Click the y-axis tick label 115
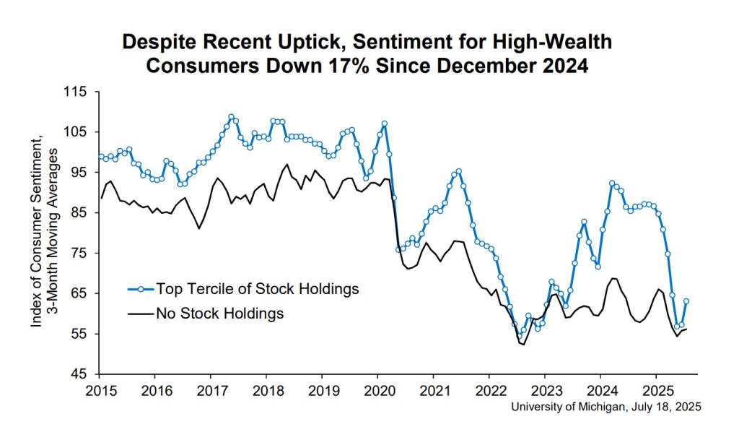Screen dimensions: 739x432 (75, 92)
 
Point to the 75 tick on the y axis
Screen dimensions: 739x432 (79, 254)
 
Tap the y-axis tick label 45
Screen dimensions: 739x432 (79, 374)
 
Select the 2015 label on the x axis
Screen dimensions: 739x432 (100, 391)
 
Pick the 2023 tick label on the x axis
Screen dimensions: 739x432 (546, 391)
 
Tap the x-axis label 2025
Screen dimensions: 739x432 (657, 391)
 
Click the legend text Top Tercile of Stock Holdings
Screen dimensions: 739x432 (258, 289)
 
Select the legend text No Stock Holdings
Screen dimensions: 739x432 (220, 313)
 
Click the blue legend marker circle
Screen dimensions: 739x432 (141, 289)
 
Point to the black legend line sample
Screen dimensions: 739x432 (141, 314)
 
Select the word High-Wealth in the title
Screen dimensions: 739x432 (551, 41)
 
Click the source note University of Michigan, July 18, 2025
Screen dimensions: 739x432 (606, 407)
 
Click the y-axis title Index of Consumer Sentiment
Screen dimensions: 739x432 (37, 231)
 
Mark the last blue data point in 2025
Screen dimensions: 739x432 (686, 301)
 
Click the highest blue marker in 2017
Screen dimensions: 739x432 (232, 116)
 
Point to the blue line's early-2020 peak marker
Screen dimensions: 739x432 (385, 124)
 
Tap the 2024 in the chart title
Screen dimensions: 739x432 (567, 66)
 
